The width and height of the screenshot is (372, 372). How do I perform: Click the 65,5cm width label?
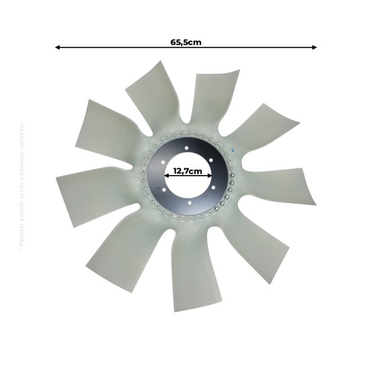(x=186, y=42)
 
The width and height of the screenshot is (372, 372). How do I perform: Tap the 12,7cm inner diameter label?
(x=188, y=171)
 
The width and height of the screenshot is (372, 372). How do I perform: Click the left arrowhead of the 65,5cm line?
(x=58, y=48)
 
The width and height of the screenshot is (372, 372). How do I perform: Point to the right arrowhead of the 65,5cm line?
(x=314, y=48)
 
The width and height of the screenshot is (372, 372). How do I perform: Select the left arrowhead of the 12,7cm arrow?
(x=166, y=176)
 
